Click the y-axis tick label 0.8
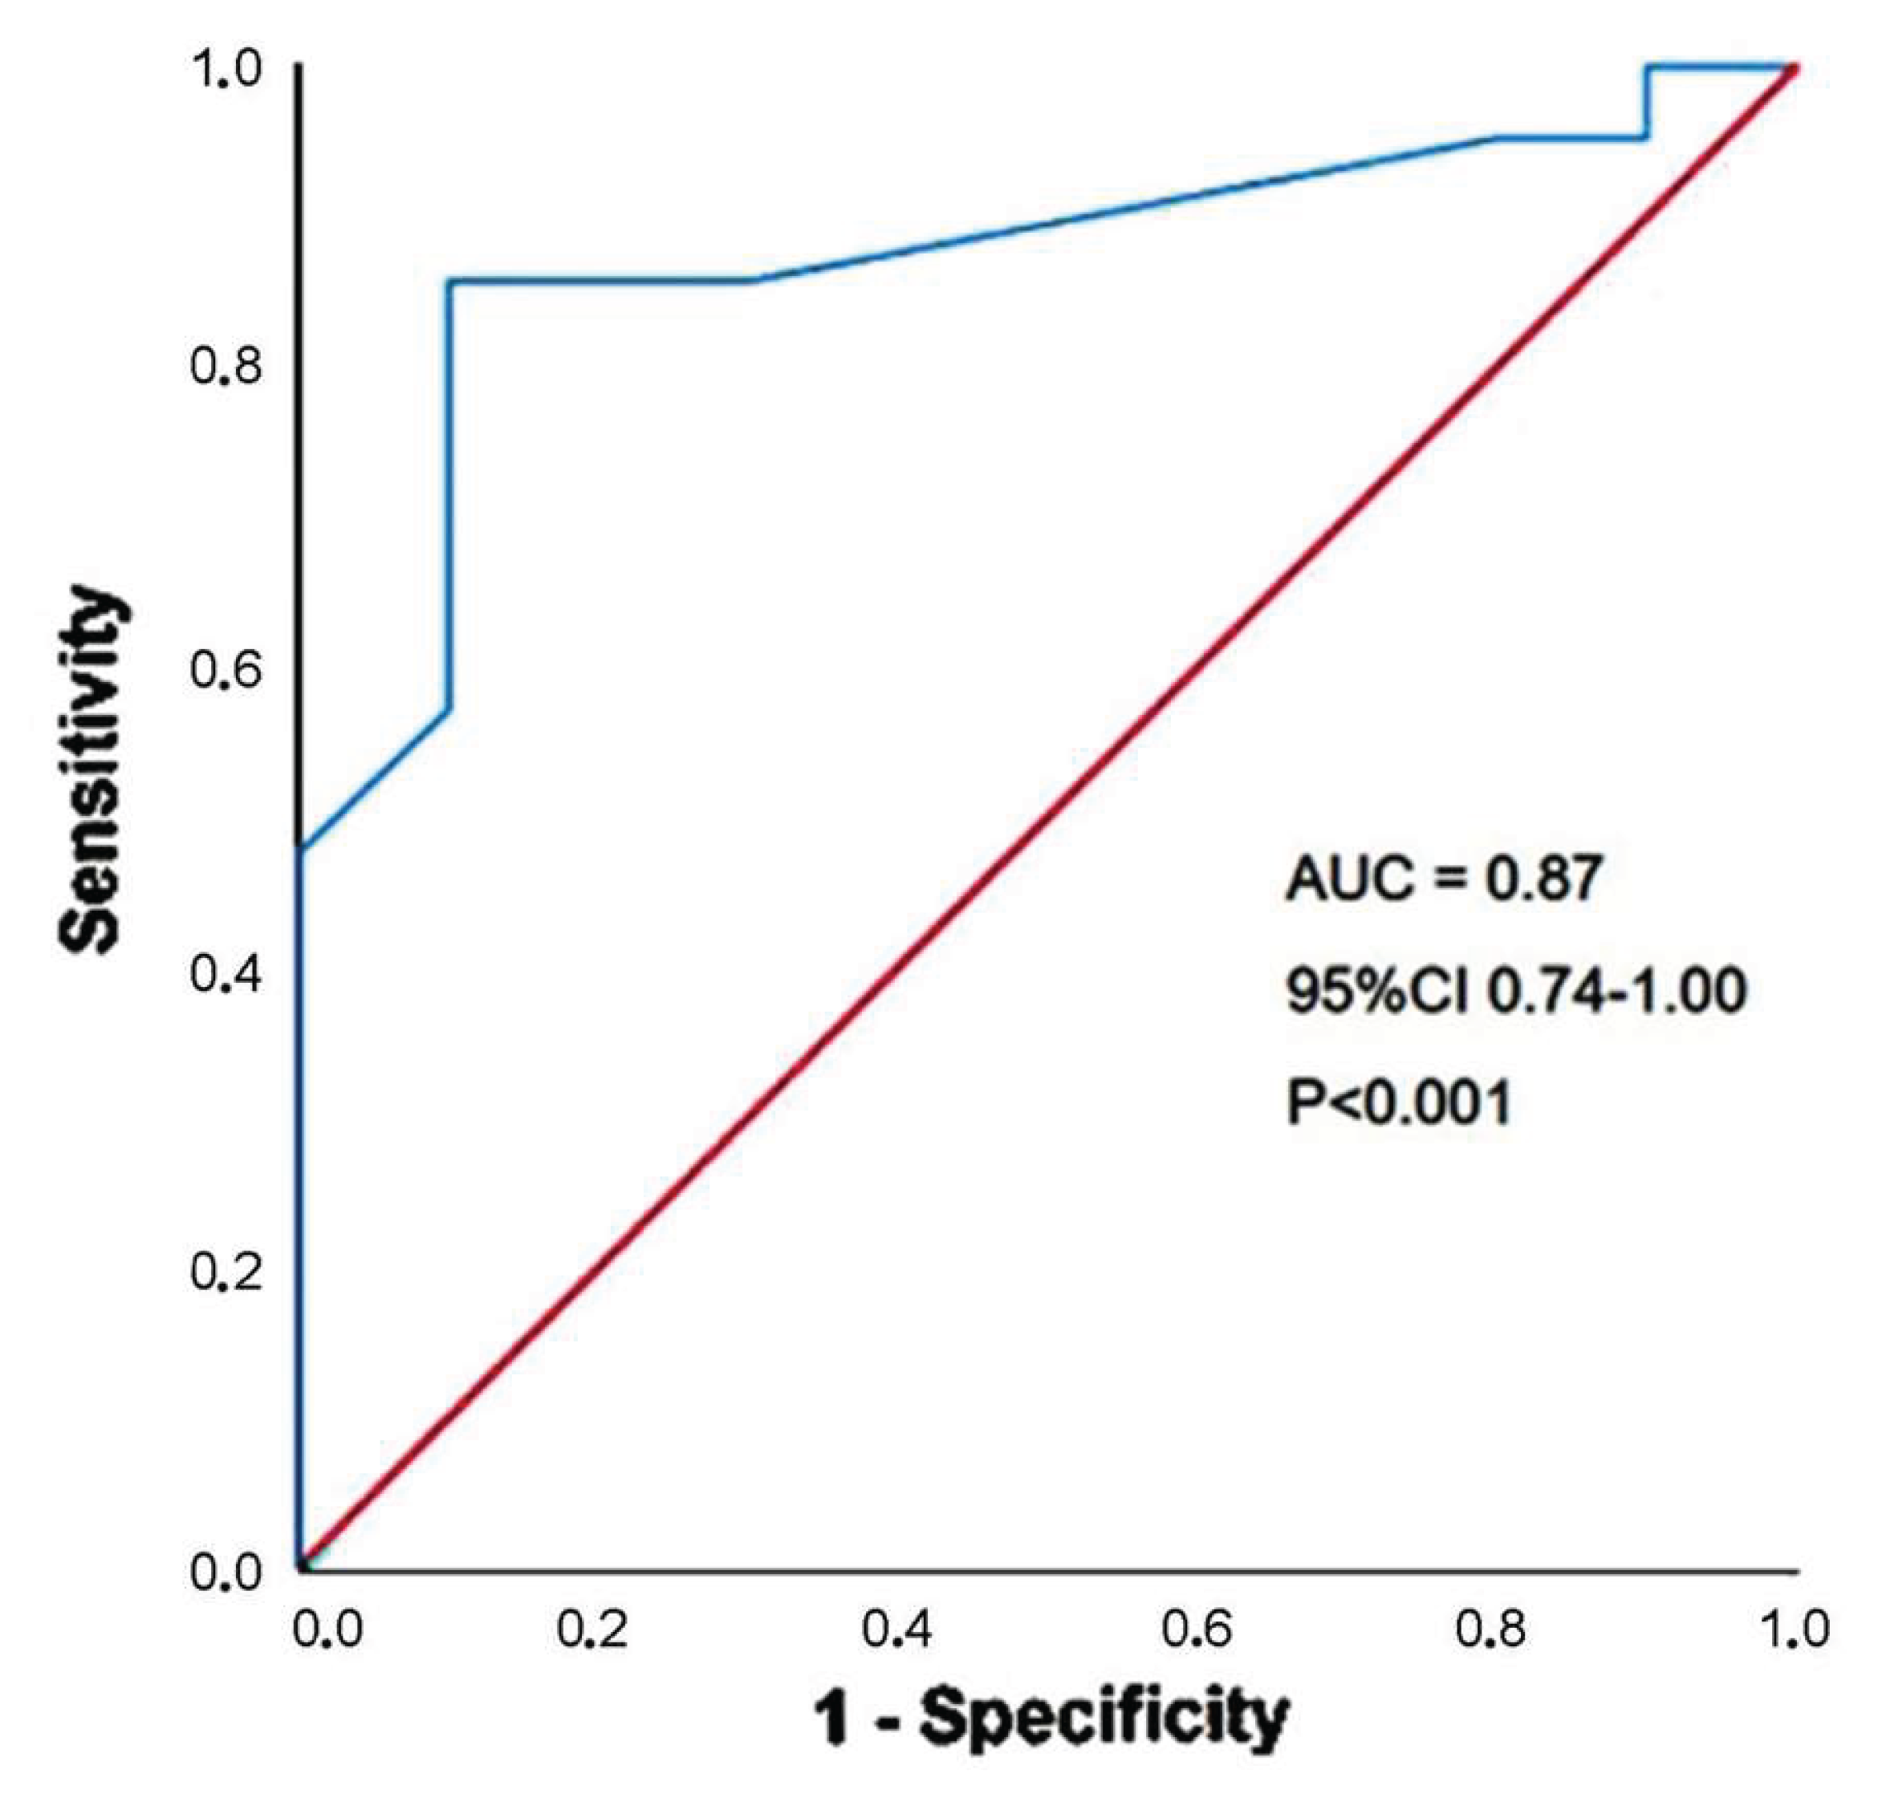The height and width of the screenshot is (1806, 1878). [x=226, y=367]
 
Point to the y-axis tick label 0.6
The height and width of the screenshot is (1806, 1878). [x=226, y=671]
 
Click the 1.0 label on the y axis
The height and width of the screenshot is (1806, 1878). [x=226, y=71]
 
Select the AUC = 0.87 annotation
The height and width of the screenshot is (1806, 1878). [x=1443, y=878]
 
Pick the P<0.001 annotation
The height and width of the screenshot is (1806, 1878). [x=1399, y=1102]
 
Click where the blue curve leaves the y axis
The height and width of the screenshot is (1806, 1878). [x=300, y=849]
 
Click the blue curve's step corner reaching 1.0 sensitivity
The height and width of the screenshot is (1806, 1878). [x=1647, y=66]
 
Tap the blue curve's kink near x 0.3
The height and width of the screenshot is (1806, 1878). [x=752, y=281]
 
